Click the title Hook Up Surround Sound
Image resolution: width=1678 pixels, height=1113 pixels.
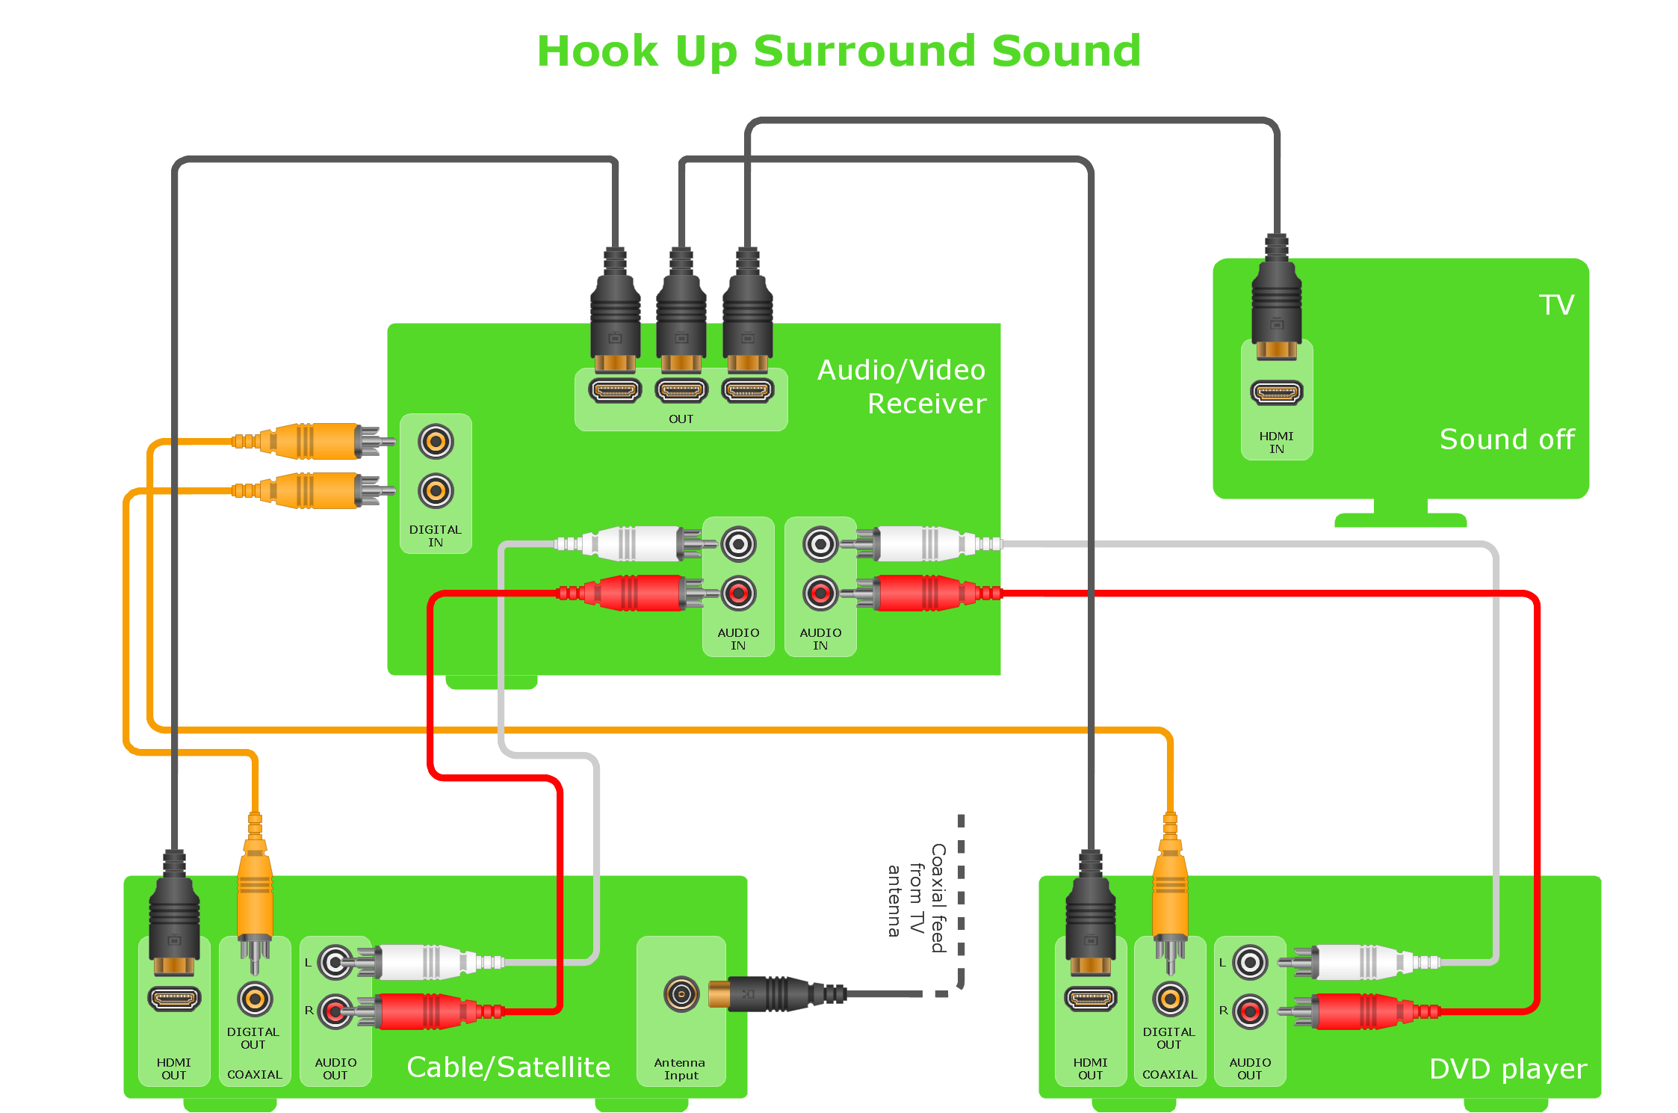(838, 51)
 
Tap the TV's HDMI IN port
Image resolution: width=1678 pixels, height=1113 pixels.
(1276, 392)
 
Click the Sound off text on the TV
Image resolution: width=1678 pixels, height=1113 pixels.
(1506, 440)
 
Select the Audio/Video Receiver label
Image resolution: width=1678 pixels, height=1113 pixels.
(902, 386)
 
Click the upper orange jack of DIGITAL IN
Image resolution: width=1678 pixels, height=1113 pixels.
(436, 442)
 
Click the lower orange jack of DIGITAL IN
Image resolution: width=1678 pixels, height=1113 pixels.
(436, 491)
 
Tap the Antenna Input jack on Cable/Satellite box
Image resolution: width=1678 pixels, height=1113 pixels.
(681, 994)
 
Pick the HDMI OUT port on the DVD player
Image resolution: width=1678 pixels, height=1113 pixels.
(1090, 999)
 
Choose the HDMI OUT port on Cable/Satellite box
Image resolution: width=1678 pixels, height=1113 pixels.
(174, 999)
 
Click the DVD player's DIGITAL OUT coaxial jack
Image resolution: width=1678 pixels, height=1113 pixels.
(1170, 999)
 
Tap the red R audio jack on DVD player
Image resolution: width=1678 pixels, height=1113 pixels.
(1250, 1011)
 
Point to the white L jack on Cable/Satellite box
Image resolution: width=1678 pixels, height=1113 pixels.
(335, 963)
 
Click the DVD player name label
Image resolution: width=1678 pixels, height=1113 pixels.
(1507, 1069)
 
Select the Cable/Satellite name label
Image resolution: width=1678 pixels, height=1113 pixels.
(508, 1067)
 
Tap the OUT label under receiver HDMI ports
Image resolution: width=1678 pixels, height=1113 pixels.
(681, 419)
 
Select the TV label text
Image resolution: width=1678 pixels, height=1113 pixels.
(1556, 305)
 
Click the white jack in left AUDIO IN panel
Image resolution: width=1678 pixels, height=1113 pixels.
(738, 544)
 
